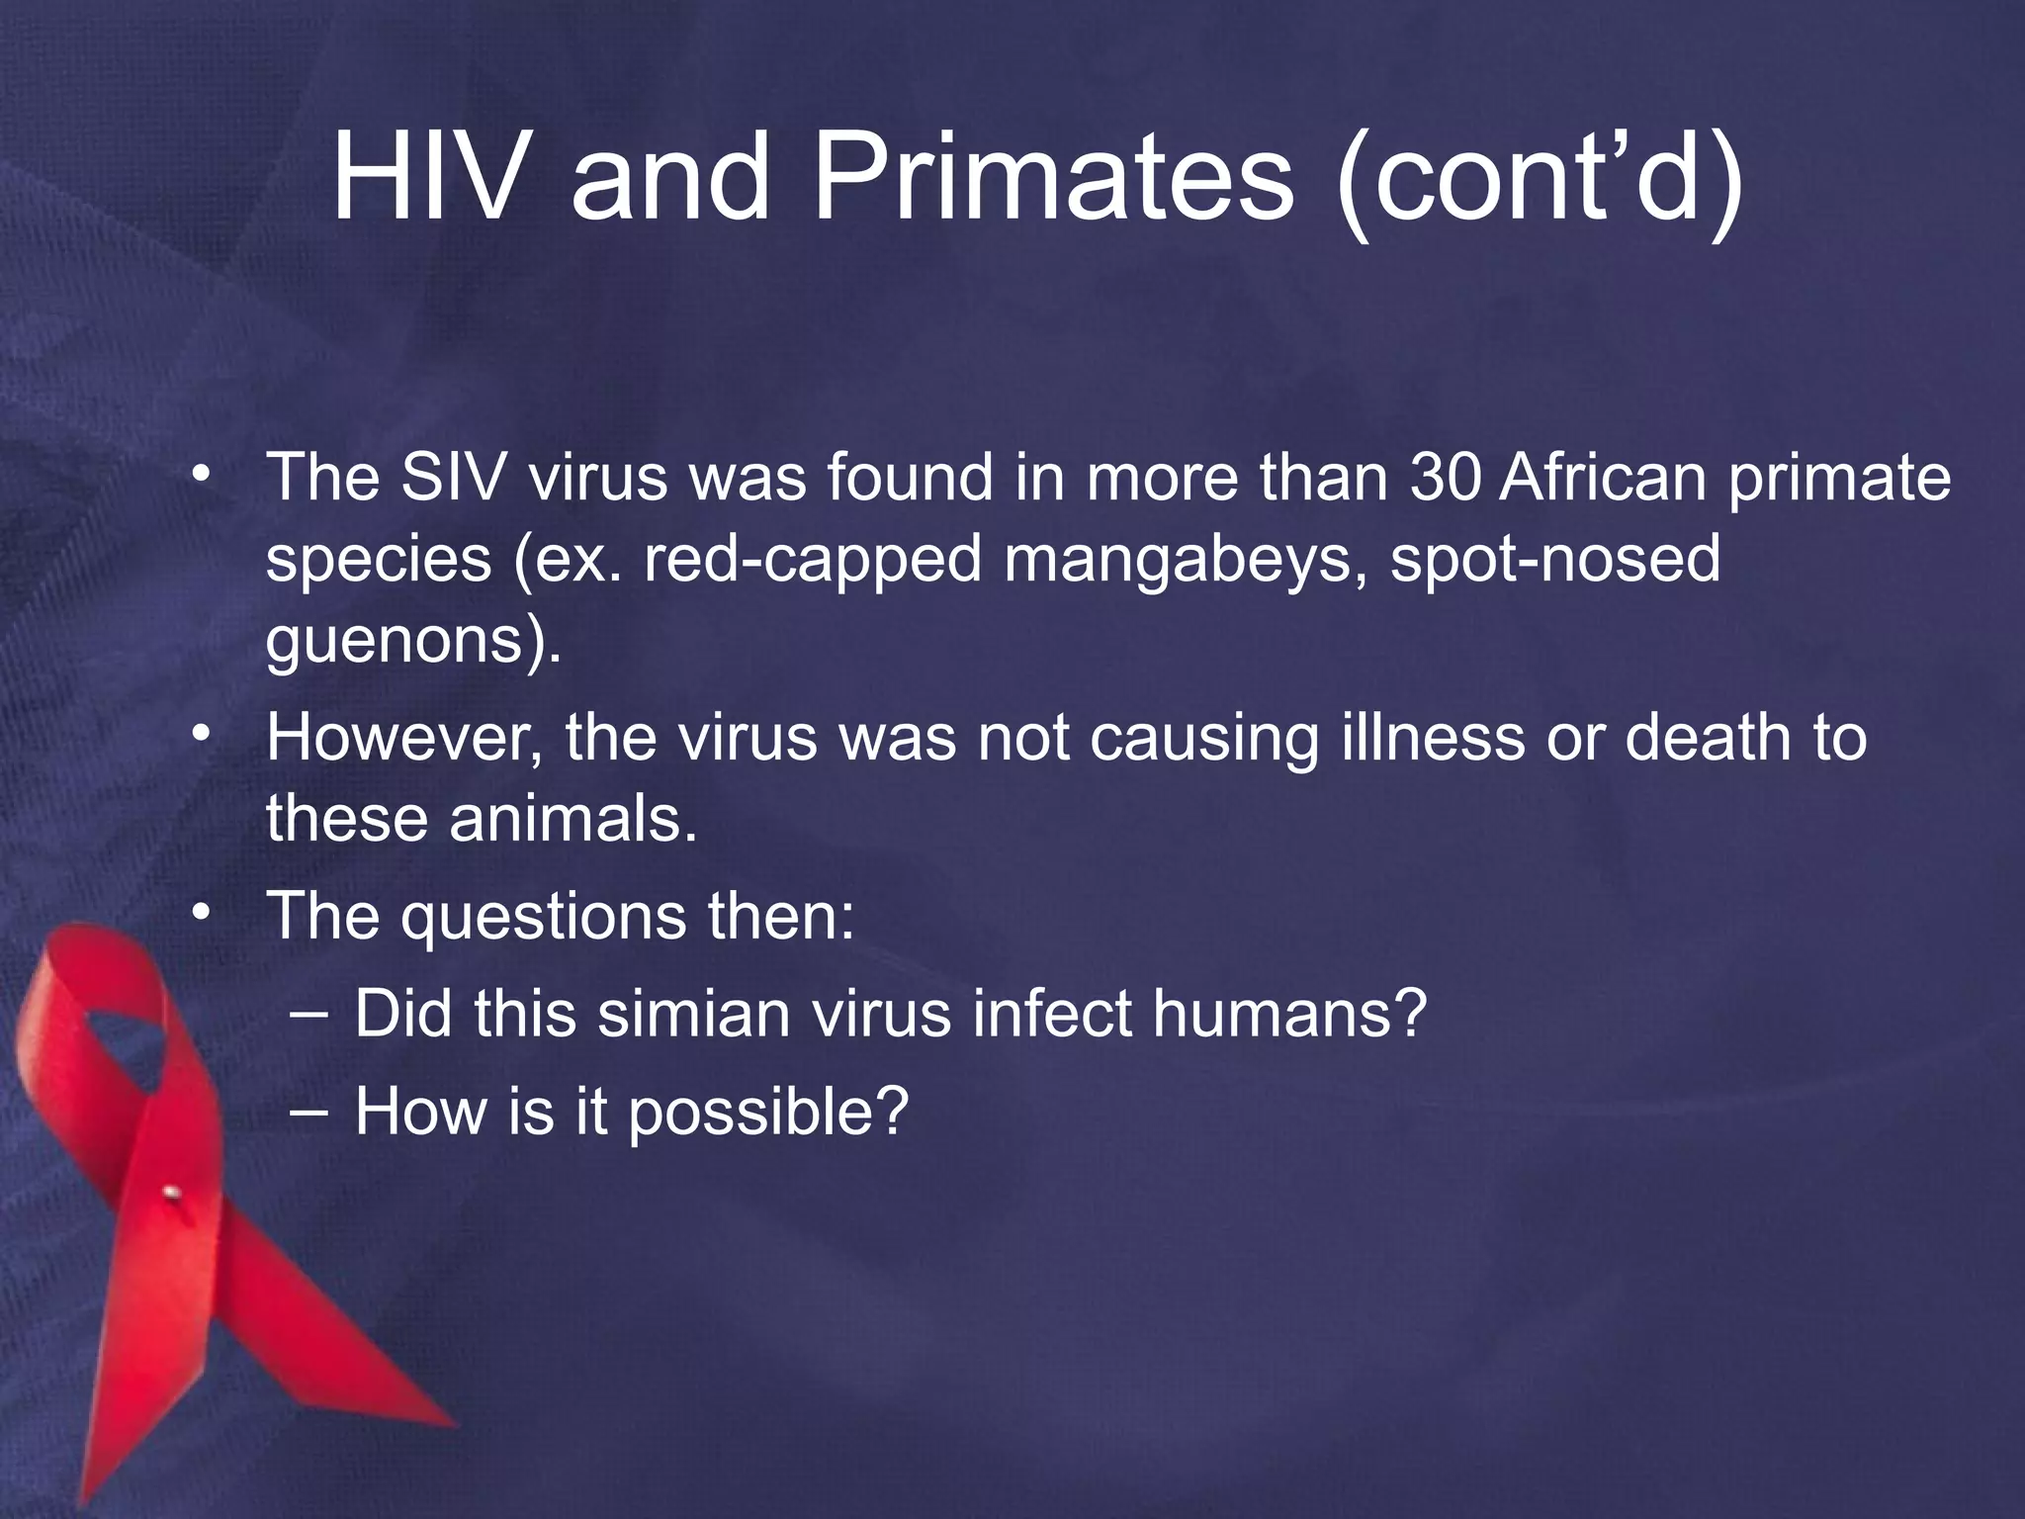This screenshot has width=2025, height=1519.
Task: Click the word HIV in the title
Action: (427, 178)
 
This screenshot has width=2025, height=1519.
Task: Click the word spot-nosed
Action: (1554, 560)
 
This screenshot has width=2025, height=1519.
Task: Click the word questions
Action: (543, 918)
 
